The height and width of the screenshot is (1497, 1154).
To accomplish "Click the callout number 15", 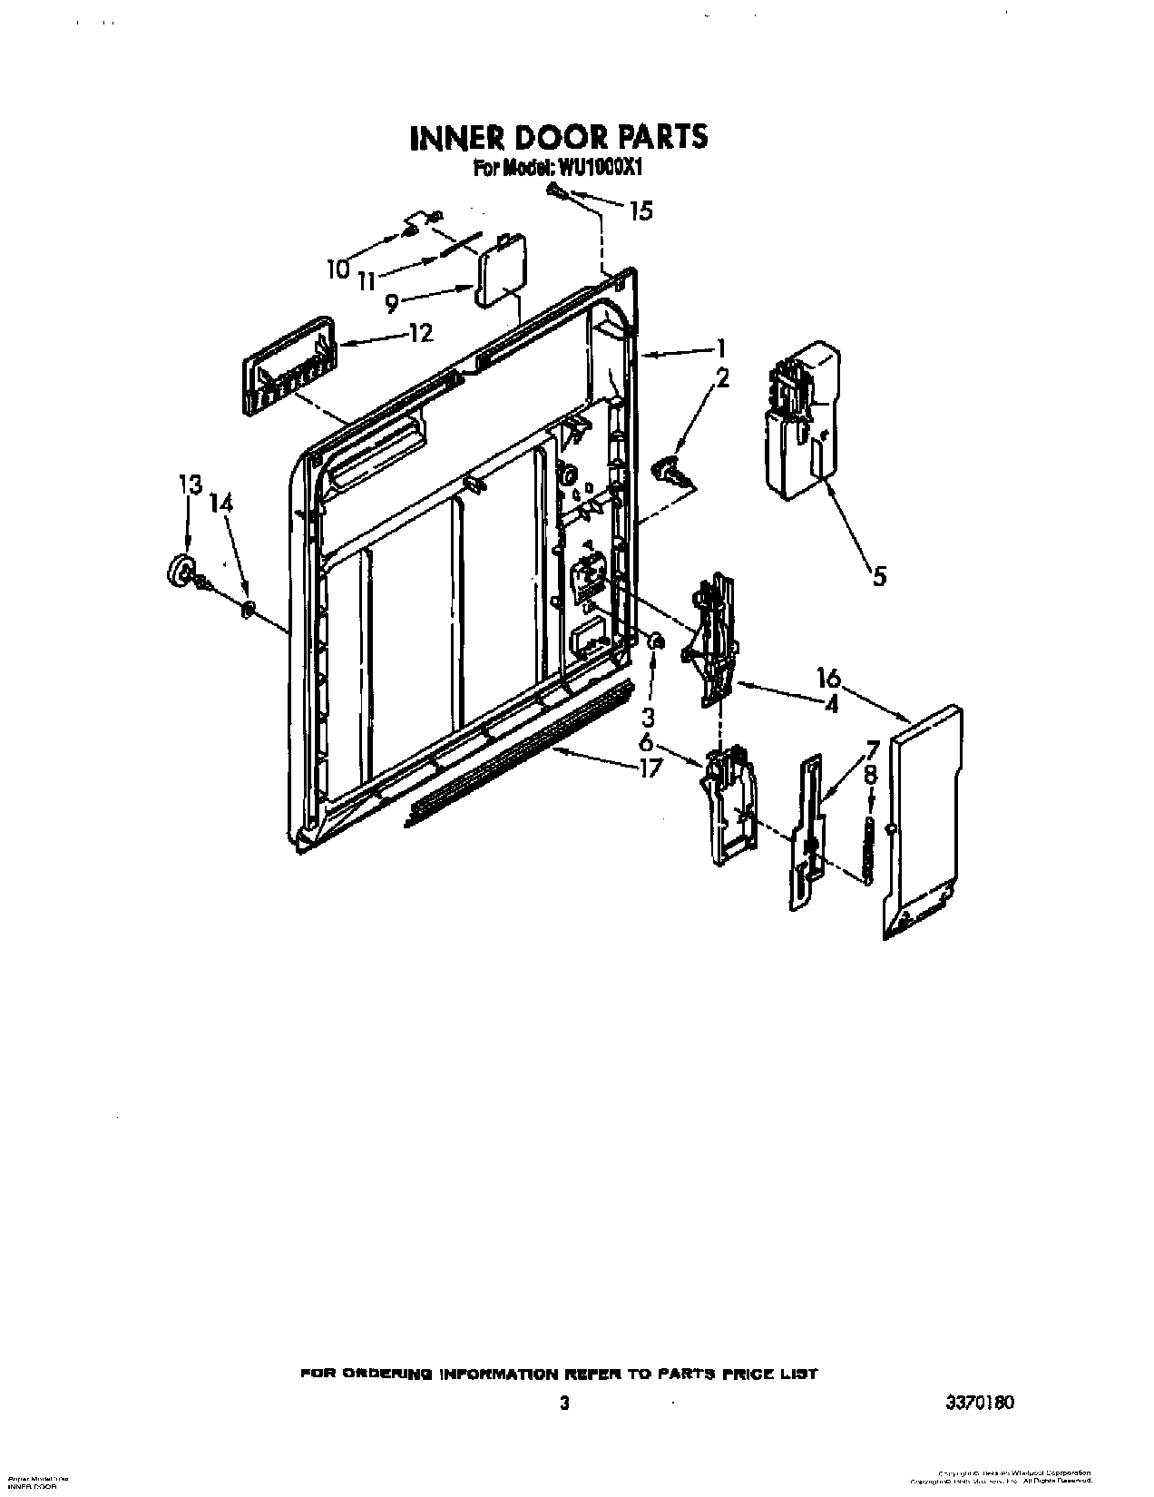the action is (641, 210).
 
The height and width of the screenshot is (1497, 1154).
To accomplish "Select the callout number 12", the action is (420, 333).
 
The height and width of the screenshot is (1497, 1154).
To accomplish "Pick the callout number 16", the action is (828, 678).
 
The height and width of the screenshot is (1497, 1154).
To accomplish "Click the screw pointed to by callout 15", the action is (553, 190).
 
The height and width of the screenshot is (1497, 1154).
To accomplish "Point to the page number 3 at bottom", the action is (564, 1403).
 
